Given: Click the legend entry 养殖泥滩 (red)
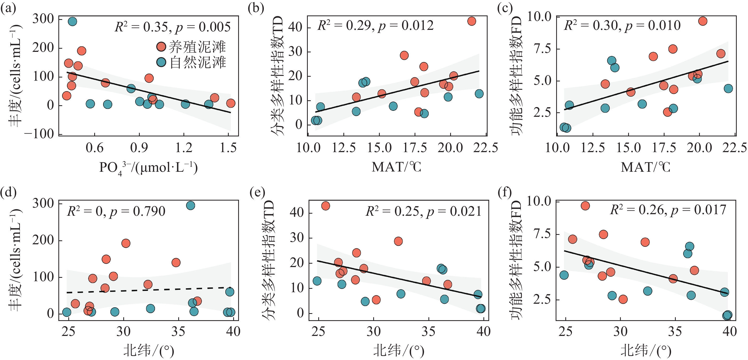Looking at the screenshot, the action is tap(191, 47).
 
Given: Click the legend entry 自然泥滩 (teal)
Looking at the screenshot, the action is tap(191, 62).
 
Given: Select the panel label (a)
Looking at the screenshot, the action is tap(8, 8).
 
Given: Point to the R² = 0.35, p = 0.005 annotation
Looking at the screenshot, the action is tap(172, 27).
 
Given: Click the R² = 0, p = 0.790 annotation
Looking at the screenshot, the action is tap(116, 211).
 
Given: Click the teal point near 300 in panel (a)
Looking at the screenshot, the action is tap(72, 21).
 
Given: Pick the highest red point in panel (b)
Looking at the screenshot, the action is tap(472, 21).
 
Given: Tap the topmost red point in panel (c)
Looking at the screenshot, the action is tap(703, 21).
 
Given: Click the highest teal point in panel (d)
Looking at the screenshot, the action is tap(191, 206).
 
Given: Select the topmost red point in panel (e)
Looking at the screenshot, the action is tap(326, 206).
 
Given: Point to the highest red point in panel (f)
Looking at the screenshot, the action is tap(585, 206).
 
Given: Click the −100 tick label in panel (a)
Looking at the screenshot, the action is tap(40, 134).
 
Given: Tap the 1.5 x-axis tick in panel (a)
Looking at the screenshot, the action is tap(228, 148).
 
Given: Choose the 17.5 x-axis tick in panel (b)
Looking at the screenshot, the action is tap(415, 148).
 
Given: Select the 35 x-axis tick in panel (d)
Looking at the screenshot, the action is tap(178, 331).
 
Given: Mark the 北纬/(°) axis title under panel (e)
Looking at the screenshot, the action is tap(399, 350).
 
